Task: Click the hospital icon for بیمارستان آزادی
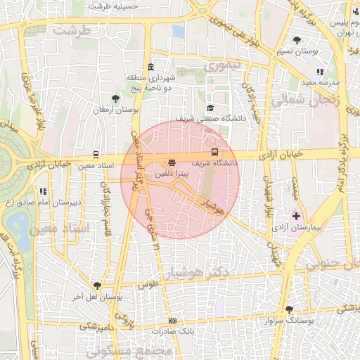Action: coord(296,216)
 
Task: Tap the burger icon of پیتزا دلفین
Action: coord(172,163)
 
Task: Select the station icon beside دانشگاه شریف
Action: coord(214,152)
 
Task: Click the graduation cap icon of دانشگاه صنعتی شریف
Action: coord(210,108)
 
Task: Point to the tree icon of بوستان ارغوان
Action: coord(115,98)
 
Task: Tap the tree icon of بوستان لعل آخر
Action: coord(97,286)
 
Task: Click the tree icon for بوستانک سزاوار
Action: coord(290,309)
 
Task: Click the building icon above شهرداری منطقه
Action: coord(151,66)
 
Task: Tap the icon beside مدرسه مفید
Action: coord(321,72)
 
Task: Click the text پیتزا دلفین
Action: coord(172,172)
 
